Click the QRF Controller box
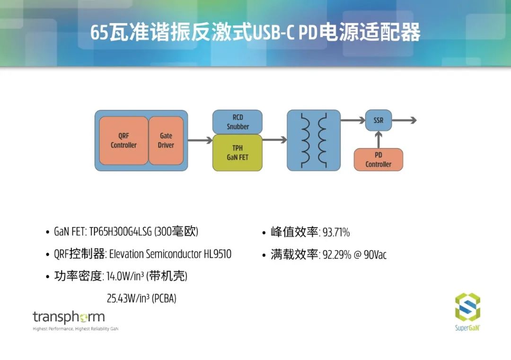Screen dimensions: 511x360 (x=123, y=140)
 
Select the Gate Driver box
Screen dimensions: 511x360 (x=166, y=140)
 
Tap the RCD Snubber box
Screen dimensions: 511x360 (x=237, y=122)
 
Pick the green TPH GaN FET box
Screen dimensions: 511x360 (x=237, y=152)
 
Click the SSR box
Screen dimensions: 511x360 (x=379, y=120)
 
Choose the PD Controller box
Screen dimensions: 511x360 (x=379, y=159)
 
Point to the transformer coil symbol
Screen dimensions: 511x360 (x=314, y=140)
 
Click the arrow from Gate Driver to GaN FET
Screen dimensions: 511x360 (x=200, y=140)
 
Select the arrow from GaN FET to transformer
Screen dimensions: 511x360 (x=274, y=140)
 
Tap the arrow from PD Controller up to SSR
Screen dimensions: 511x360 (x=379, y=140)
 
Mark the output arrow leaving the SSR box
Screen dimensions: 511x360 (x=404, y=120)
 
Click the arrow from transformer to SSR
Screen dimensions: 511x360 (x=352, y=120)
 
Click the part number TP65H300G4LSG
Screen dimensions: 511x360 (x=121, y=232)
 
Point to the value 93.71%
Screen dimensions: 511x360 (x=336, y=232)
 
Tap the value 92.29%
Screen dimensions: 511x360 (x=337, y=255)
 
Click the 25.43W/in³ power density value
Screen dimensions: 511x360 (x=128, y=298)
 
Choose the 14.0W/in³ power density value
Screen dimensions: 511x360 (x=125, y=276)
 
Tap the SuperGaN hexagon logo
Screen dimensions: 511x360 (x=467, y=307)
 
